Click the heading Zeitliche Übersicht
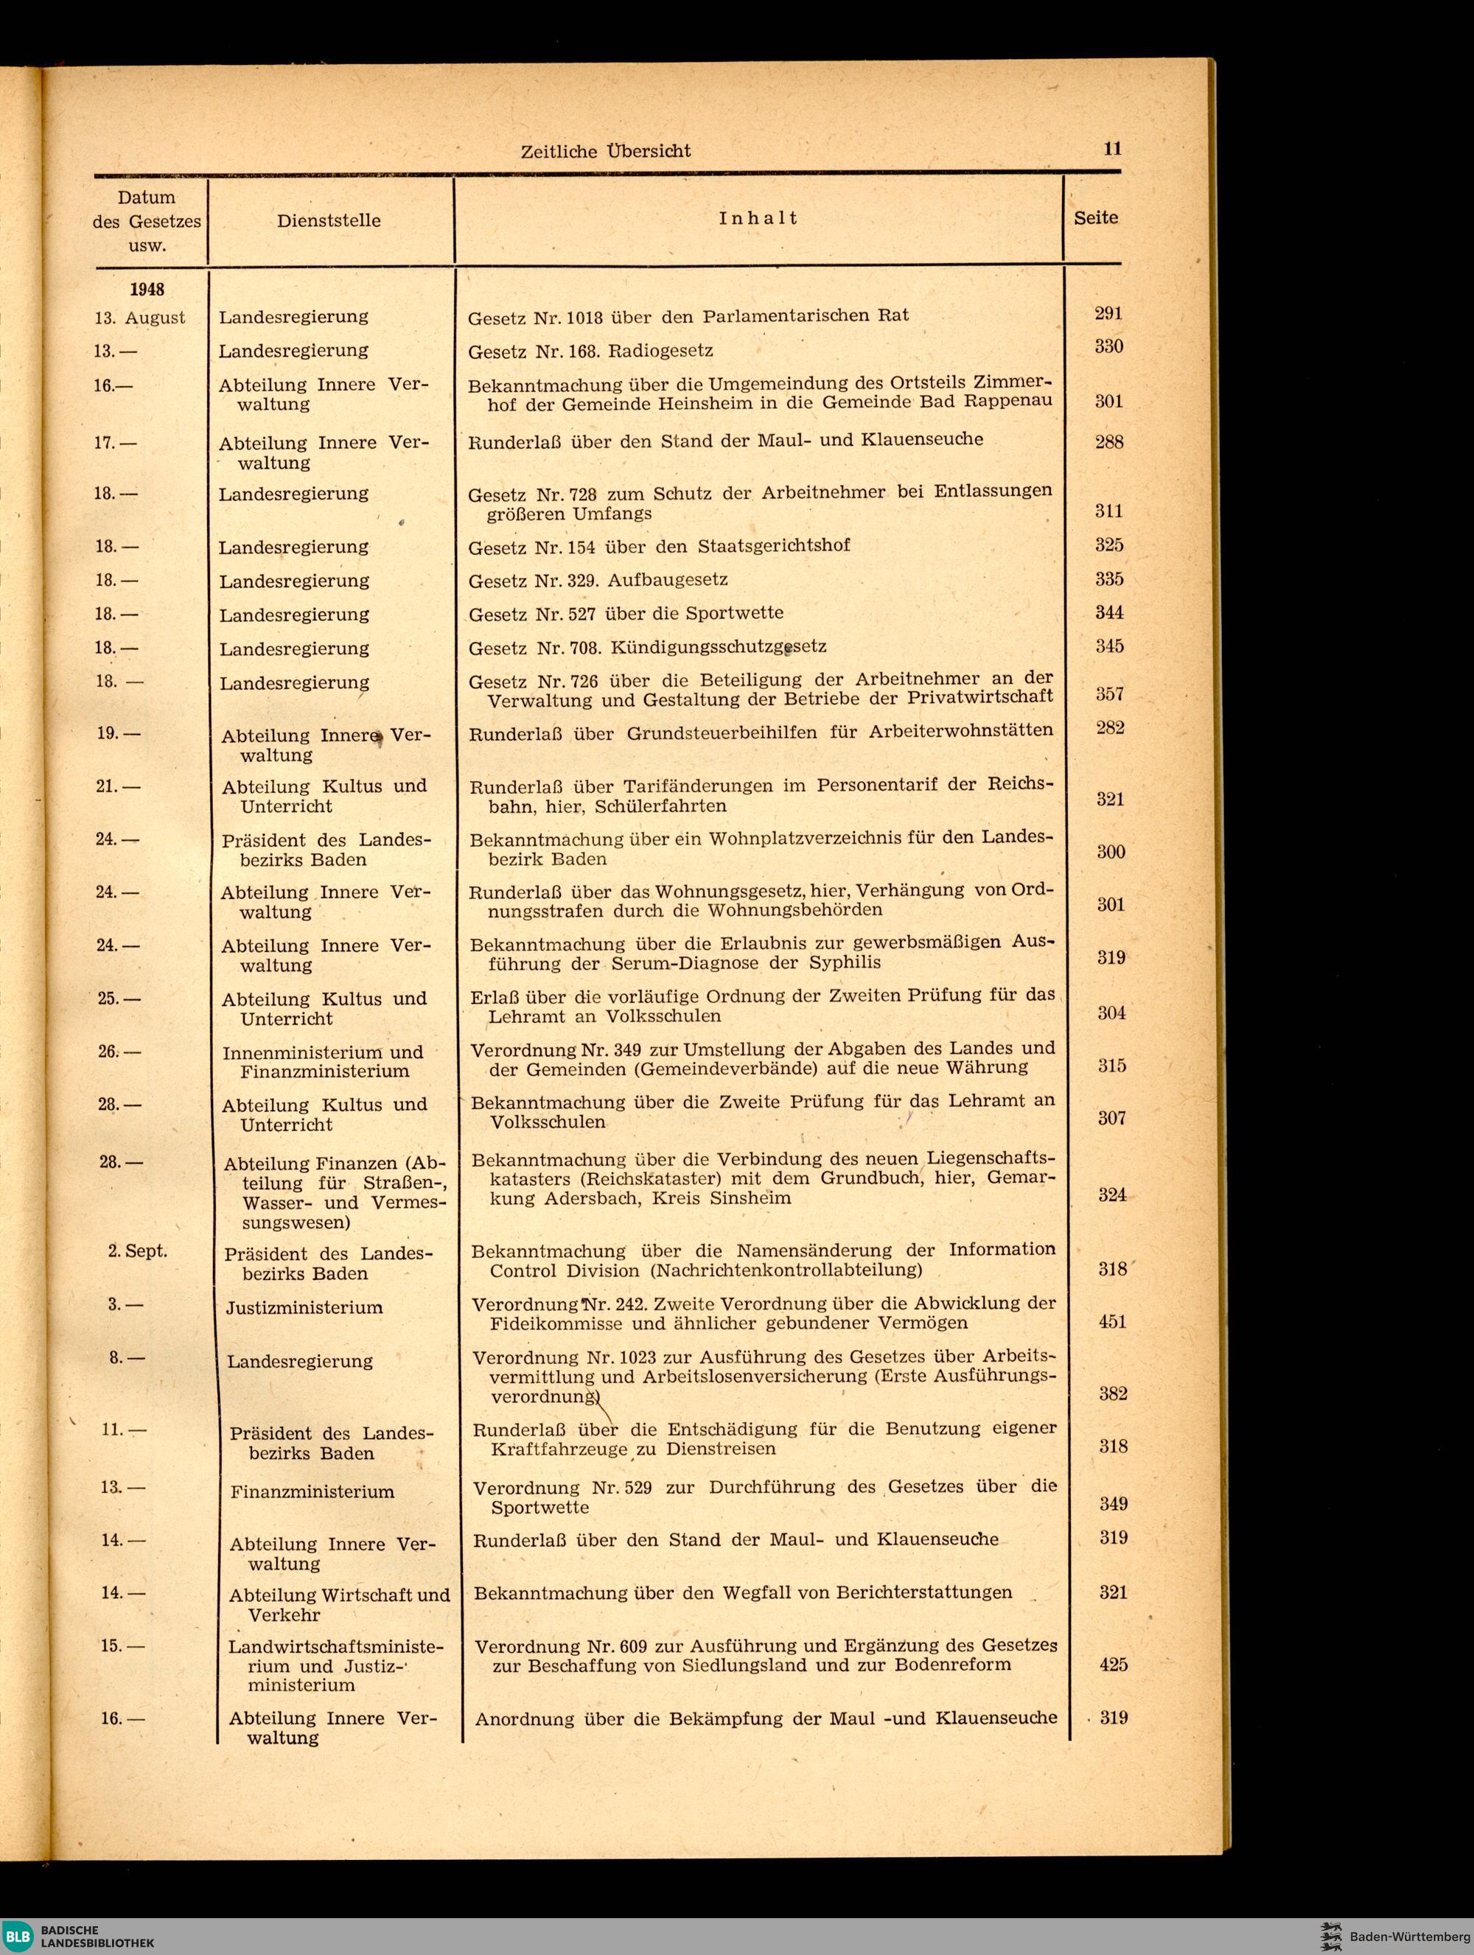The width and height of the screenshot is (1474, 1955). [x=605, y=151]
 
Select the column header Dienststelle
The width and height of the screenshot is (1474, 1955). [x=329, y=220]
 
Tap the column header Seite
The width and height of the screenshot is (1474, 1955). [x=1096, y=217]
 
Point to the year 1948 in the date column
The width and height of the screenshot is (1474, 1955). [x=147, y=289]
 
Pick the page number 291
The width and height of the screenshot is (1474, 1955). [x=1108, y=313]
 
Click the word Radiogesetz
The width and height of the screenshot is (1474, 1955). [x=660, y=350]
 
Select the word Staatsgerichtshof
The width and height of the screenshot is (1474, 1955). [x=774, y=545]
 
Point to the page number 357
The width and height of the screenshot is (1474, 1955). [x=1110, y=694]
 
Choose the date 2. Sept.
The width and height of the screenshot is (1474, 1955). [x=137, y=1251]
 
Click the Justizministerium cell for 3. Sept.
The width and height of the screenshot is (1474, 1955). [x=304, y=1307]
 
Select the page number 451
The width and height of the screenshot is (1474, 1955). [x=1113, y=1321]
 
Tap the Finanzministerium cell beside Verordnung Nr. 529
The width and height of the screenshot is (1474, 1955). [x=312, y=1491]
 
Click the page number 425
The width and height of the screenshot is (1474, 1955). [x=1114, y=1664]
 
